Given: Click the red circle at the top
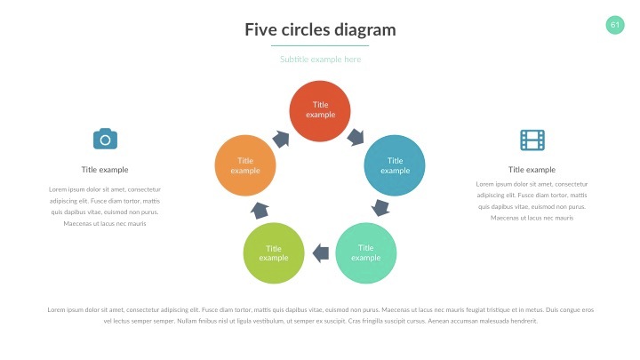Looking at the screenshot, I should tap(320, 110).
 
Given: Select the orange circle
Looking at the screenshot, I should tap(245, 165).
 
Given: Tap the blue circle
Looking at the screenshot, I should tap(396, 165).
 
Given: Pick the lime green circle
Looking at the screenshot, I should tap(274, 252).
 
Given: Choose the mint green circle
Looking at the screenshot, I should tap(366, 252).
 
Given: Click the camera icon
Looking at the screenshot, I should tap(105, 139).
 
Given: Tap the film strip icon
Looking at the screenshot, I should tap(532, 140).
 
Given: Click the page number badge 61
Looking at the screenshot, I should tap(615, 24).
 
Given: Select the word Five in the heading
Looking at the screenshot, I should tap(260, 30).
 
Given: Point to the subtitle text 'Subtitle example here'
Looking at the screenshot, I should tap(320, 60).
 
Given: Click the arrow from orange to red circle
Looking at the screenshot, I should tap(281, 139).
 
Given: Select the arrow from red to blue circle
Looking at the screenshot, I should tap(356, 137).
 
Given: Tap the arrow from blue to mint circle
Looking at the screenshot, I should tap(381, 208).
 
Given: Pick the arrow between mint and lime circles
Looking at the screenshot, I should tap(320, 253).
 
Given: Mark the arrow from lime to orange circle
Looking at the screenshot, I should tap(260, 210).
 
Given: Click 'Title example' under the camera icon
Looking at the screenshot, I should tap(105, 170).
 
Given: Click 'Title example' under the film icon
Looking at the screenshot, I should tap(532, 170).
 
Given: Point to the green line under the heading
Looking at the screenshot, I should tap(320, 45).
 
